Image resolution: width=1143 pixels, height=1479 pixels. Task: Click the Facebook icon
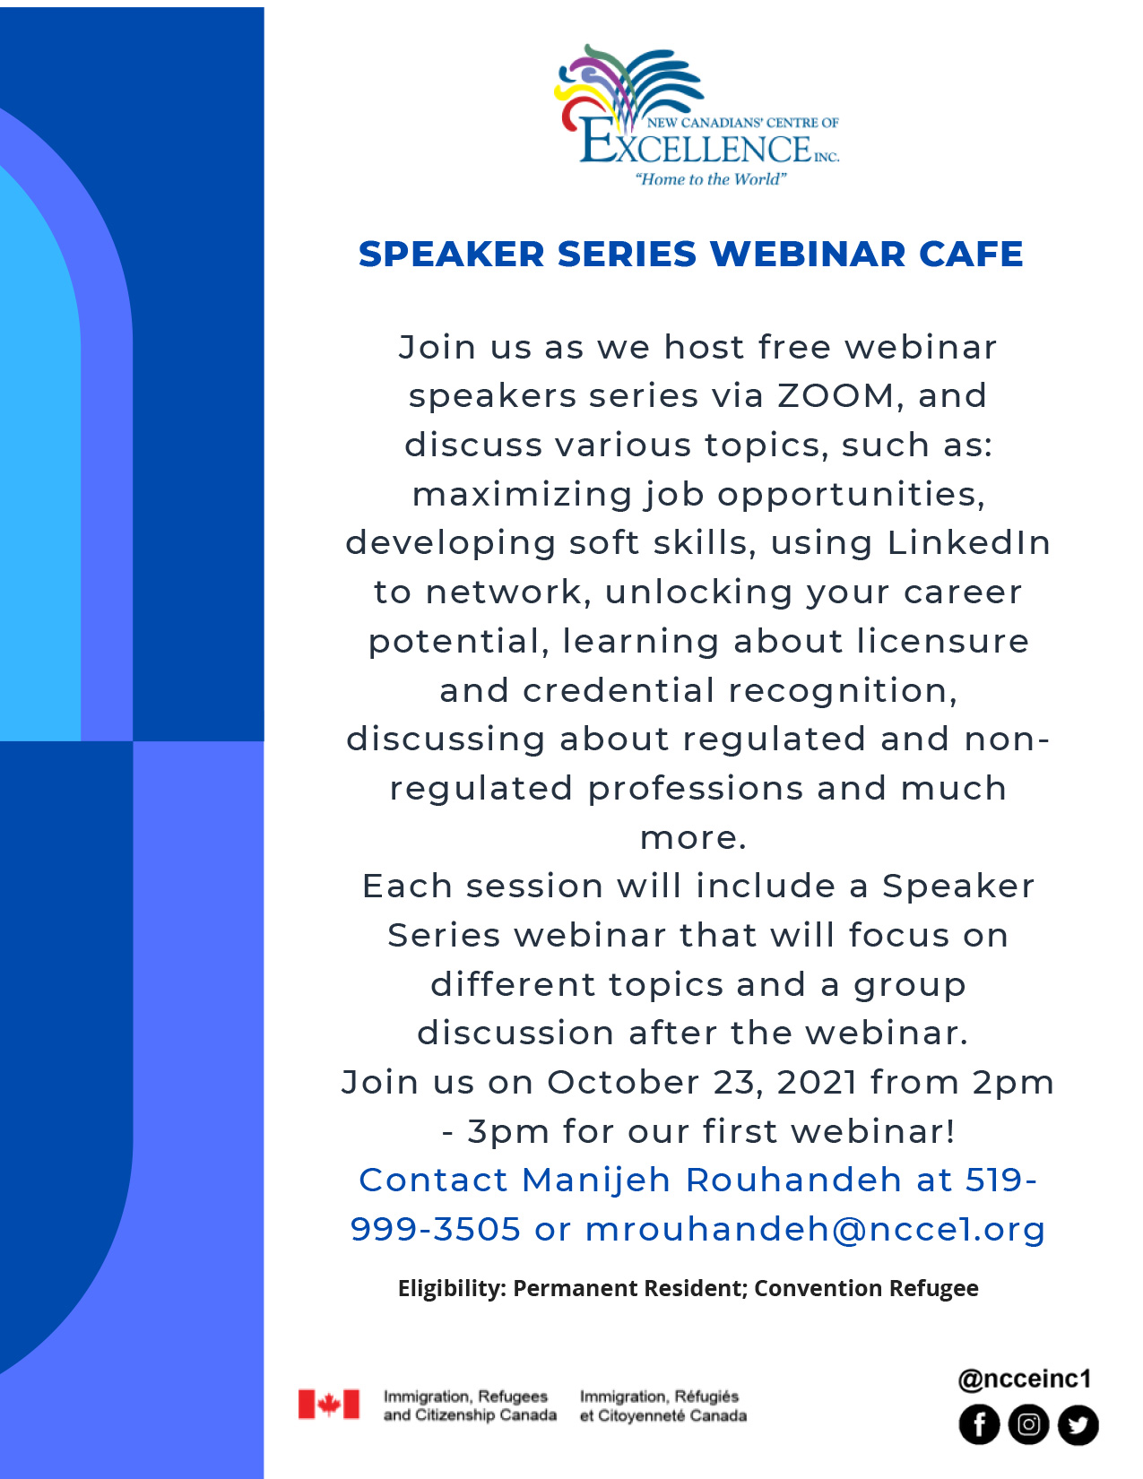pyautogui.click(x=979, y=1424)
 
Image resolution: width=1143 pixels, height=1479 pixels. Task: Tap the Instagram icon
pyautogui.click(x=1028, y=1424)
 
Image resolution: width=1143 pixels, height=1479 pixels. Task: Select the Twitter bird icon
pyautogui.click(x=1078, y=1424)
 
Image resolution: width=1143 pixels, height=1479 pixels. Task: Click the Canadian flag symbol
pyautogui.click(x=328, y=1404)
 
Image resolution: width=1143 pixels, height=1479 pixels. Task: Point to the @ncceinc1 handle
pyautogui.click(x=1024, y=1379)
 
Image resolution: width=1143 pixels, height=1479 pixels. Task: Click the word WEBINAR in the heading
pyautogui.click(x=808, y=254)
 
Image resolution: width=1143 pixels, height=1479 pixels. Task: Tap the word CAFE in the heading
pyautogui.click(x=971, y=254)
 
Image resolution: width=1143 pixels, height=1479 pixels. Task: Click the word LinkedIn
pyautogui.click(x=969, y=542)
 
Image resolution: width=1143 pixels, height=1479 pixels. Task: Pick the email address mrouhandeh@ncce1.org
pyautogui.click(x=815, y=1229)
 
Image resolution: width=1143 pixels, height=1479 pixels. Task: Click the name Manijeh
pyautogui.click(x=596, y=1180)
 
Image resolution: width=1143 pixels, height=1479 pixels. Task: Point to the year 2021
pyautogui.click(x=816, y=1082)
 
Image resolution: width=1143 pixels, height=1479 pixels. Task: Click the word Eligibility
pyautogui.click(x=452, y=1288)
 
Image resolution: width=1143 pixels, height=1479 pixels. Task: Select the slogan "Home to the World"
pyautogui.click(x=710, y=179)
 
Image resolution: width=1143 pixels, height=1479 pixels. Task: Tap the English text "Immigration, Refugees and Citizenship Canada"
pyautogui.click(x=470, y=1405)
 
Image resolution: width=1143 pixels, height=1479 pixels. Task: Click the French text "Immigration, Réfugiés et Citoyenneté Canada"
pyautogui.click(x=663, y=1405)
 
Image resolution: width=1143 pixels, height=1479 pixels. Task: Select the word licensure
pyautogui.click(x=942, y=641)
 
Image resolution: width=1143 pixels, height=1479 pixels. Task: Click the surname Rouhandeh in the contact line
pyautogui.click(x=793, y=1180)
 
